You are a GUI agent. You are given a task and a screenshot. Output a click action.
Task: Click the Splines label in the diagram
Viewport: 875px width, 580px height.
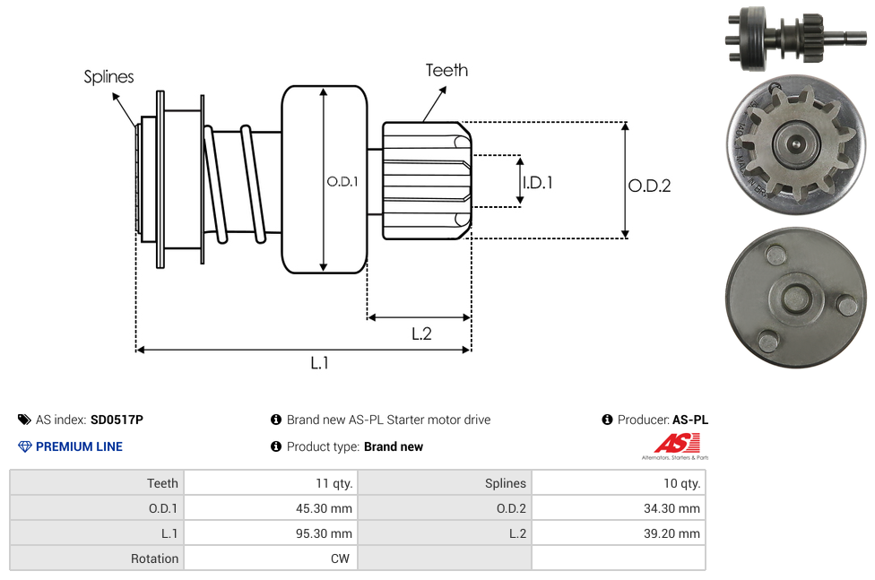(x=108, y=76)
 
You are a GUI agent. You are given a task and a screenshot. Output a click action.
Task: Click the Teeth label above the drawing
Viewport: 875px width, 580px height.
(x=446, y=70)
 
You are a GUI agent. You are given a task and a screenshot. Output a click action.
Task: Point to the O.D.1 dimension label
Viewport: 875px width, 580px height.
(x=342, y=181)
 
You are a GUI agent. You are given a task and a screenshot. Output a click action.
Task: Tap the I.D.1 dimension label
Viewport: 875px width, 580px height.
(x=537, y=183)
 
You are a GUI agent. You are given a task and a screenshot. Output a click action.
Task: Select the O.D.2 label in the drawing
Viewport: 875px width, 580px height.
(x=649, y=186)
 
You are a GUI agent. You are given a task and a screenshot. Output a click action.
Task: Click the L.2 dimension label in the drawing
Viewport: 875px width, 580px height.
(x=421, y=333)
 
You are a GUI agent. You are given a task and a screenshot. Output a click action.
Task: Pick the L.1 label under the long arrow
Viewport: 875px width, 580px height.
(x=319, y=363)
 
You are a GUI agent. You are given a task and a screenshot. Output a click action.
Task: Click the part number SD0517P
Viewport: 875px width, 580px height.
(x=117, y=420)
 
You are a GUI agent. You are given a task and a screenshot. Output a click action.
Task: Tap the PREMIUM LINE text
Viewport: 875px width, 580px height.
(x=79, y=446)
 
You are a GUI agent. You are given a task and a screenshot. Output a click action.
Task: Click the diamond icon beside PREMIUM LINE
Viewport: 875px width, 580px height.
(x=24, y=446)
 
